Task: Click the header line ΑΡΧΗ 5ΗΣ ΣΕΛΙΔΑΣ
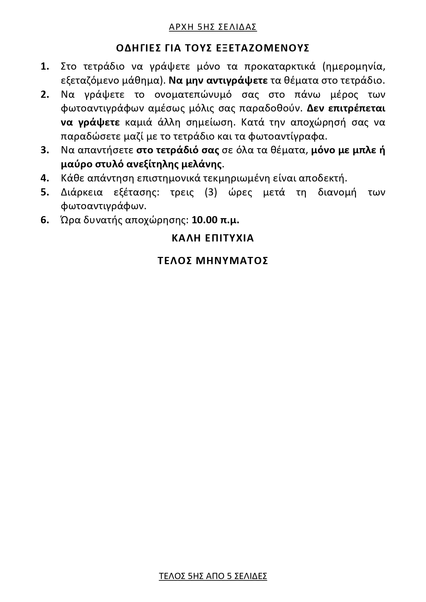[213, 27]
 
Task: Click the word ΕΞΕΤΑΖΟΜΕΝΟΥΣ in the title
[263, 48]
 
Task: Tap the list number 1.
[45, 66]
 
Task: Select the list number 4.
[45, 178]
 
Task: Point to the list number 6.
[45, 220]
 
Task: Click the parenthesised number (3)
[211, 192]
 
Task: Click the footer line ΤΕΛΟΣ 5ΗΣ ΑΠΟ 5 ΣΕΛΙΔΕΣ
[213, 576]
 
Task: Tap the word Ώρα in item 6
[68, 220]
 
